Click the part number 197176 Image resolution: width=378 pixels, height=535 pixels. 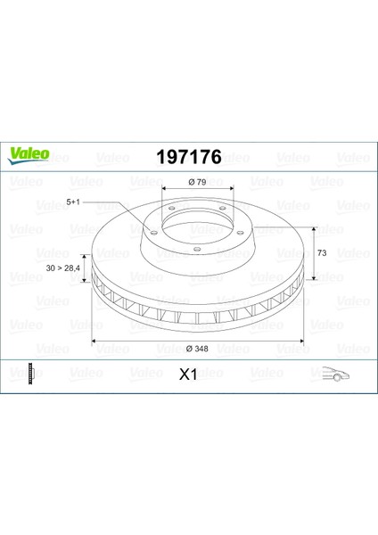tap(189, 157)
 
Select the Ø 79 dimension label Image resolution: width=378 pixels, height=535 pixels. tap(197, 182)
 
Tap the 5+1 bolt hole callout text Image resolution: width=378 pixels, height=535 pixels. tap(73, 202)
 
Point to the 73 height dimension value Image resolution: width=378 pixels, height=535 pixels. tap(322, 253)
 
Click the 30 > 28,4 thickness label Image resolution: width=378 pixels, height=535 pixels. tap(62, 268)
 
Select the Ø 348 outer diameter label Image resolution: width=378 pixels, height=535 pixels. tap(197, 349)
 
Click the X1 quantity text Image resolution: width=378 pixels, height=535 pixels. tap(188, 374)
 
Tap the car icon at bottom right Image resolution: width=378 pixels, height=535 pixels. tap(336, 374)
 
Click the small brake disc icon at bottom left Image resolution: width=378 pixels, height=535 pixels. tap(31, 374)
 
